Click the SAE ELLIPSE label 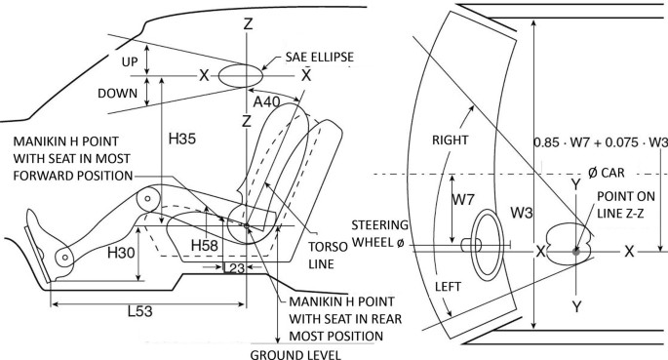[x=320, y=58]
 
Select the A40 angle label [x=266, y=101]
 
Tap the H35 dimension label [x=182, y=139]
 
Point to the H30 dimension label [x=121, y=253]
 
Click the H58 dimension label [x=205, y=246]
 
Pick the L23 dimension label [x=234, y=268]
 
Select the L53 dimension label [x=140, y=311]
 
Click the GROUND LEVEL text [x=295, y=354]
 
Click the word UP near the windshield [x=130, y=61]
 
